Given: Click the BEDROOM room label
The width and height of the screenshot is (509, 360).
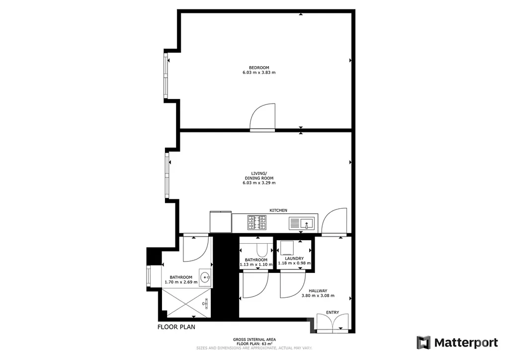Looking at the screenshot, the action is [259, 68].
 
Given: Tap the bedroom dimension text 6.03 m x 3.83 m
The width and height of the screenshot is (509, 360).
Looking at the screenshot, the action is [259, 73].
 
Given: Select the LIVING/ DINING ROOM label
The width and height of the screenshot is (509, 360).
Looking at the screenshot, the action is [259, 176].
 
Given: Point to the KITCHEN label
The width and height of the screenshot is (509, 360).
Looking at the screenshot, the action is [278, 210].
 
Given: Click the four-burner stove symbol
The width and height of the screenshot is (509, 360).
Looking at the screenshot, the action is [257, 222].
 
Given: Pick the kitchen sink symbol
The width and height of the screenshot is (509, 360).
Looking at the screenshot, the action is [302, 223].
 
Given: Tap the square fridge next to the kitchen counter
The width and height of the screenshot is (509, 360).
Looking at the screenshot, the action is [221, 222].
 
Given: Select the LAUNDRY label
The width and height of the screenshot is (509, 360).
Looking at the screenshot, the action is [294, 259].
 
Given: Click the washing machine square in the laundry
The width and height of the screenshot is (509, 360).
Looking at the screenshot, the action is [287, 248].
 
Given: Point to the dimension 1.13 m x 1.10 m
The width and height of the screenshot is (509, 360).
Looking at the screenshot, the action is [256, 265].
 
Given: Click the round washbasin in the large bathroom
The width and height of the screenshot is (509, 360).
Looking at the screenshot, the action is [205, 277].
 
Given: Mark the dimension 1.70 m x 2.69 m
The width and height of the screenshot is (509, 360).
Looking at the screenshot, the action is [181, 282].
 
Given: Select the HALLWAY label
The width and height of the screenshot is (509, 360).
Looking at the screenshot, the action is [318, 291].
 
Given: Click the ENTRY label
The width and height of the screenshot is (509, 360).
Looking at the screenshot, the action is [333, 312].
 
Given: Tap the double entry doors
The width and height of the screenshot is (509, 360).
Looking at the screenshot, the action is [333, 323].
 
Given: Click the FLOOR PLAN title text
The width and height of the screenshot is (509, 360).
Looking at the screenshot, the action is [176, 327].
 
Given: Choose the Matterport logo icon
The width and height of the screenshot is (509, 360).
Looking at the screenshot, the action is [424, 343].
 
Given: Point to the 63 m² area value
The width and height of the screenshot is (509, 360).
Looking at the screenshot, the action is [267, 344].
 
